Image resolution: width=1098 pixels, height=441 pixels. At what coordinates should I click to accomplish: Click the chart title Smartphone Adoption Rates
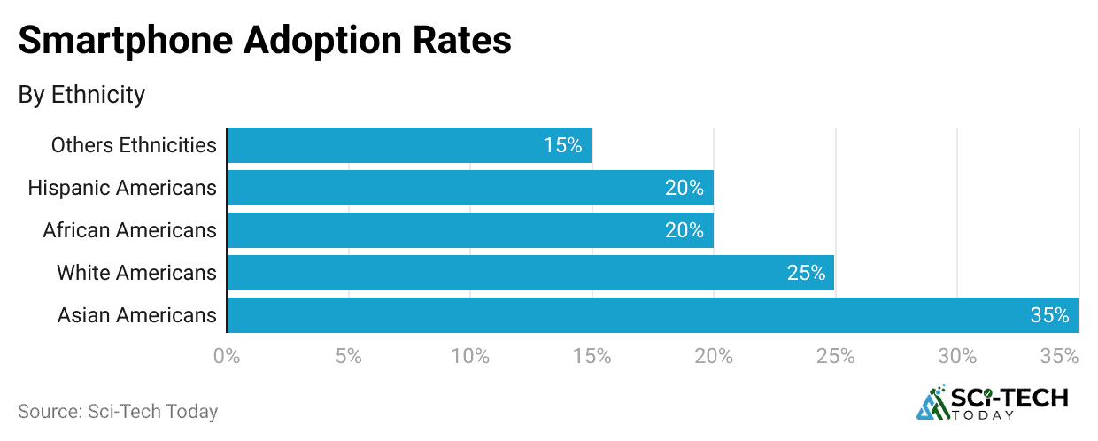265,41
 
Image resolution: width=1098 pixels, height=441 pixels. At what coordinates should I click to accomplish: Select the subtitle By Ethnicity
81,95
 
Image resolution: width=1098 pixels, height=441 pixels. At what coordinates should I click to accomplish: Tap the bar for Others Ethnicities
409,145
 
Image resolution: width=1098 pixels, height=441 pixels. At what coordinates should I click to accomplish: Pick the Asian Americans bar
653,315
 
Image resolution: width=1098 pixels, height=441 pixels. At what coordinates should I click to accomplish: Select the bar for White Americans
530,273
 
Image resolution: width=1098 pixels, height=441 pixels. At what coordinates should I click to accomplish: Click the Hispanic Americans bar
470,188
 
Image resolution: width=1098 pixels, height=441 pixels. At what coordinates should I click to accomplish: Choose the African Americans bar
470,230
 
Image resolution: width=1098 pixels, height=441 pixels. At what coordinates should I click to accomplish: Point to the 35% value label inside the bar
1049,315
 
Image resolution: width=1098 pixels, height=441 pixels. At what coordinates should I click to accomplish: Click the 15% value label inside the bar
562,145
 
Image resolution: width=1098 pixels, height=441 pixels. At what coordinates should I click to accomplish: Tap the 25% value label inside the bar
806,273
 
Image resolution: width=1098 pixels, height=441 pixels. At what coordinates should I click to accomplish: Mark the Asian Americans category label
136,315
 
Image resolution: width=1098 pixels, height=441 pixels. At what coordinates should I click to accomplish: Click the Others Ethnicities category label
134,145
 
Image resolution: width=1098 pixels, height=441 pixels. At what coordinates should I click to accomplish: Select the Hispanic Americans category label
122,188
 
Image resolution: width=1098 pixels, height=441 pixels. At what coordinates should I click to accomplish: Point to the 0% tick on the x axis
228,357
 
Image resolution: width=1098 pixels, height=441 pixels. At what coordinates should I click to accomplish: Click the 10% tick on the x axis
470,357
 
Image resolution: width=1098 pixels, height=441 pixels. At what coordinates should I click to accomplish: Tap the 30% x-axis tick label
957,357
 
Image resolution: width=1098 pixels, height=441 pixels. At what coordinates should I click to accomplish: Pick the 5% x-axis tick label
349,357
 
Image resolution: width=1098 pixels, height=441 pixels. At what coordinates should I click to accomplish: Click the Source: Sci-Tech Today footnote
118,412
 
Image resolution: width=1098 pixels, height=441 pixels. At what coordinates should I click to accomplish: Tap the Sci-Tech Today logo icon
932,403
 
